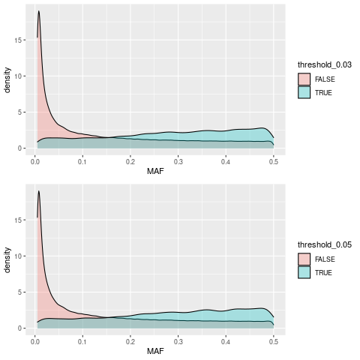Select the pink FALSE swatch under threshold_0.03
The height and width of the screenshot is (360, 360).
(304, 78)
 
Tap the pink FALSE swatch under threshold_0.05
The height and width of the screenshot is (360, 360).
(304, 258)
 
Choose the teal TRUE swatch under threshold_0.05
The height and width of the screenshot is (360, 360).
(304, 271)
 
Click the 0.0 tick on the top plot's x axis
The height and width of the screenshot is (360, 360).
(34, 160)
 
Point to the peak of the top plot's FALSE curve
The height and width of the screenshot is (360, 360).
(38, 11)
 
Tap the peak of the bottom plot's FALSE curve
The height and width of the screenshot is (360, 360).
(38, 191)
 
